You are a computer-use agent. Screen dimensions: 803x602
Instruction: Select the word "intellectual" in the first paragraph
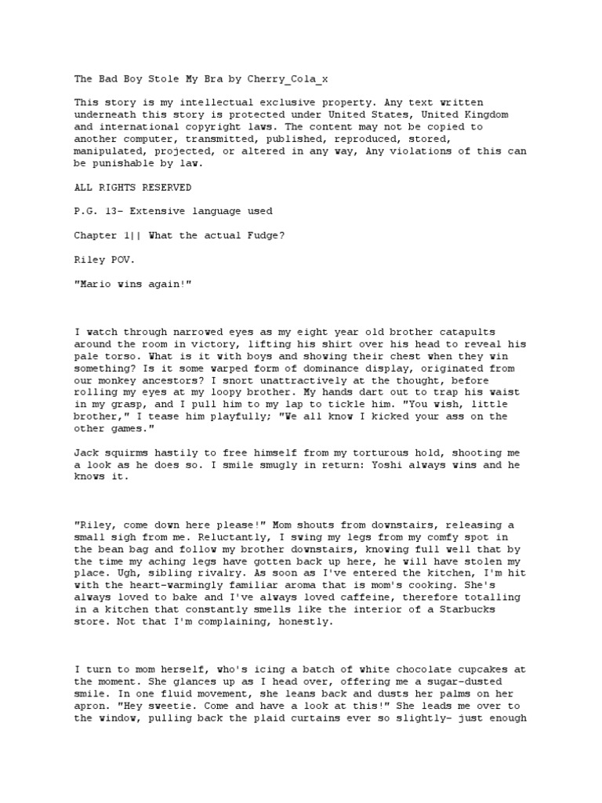click(198, 103)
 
